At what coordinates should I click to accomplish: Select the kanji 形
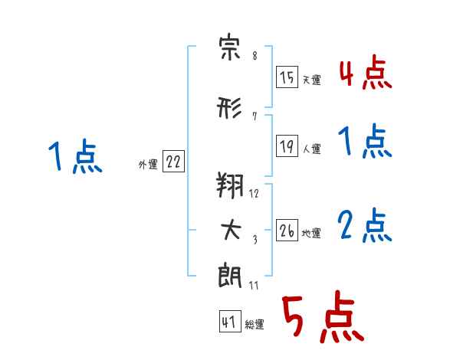pyautogui.click(x=229, y=107)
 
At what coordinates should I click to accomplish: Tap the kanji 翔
pyautogui.click(x=230, y=185)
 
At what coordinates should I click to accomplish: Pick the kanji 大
pyautogui.click(x=231, y=230)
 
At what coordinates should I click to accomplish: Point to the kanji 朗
pyautogui.click(x=230, y=276)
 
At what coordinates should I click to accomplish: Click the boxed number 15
pyautogui.click(x=287, y=77)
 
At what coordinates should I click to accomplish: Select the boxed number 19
pyautogui.click(x=287, y=146)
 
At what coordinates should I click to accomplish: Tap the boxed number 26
pyautogui.click(x=287, y=230)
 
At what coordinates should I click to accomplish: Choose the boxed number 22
pyautogui.click(x=173, y=161)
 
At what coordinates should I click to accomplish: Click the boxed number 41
pyautogui.click(x=230, y=321)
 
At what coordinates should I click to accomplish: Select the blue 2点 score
pyautogui.click(x=365, y=225)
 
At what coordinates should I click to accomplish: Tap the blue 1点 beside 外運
pyautogui.click(x=76, y=156)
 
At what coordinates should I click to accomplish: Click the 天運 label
pyautogui.click(x=312, y=80)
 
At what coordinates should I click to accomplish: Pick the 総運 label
pyautogui.click(x=255, y=324)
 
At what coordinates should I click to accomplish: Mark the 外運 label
pyautogui.click(x=148, y=164)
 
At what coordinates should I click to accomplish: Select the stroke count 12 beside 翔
pyautogui.click(x=254, y=193)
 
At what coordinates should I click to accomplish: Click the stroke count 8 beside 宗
pyautogui.click(x=255, y=55)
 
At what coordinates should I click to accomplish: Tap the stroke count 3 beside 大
pyautogui.click(x=255, y=240)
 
